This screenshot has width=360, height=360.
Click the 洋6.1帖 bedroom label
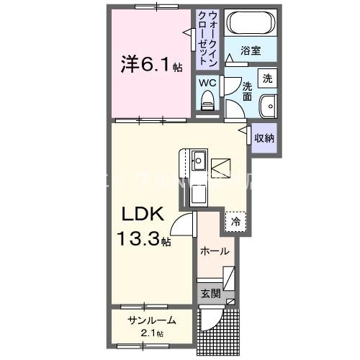(x=151, y=65)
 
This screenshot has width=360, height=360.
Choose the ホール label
(x=214, y=251)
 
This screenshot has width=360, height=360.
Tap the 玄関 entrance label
(x=210, y=293)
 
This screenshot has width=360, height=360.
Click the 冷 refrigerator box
(x=235, y=222)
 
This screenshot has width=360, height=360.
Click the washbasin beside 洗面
(x=268, y=106)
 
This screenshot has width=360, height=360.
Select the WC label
(x=207, y=83)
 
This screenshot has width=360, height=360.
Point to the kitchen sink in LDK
(x=199, y=161)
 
